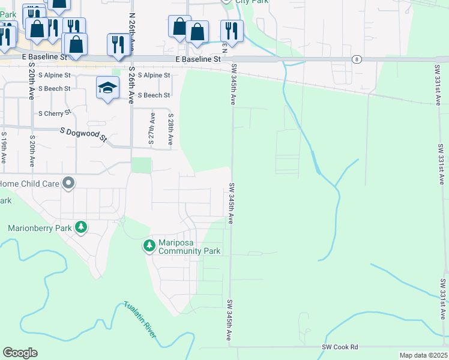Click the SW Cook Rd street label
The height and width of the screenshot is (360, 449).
[x=340, y=347]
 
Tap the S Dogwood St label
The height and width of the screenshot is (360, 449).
[x=83, y=134]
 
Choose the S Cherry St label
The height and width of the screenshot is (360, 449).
[x=55, y=113]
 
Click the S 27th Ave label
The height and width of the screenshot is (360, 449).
[x=151, y=130]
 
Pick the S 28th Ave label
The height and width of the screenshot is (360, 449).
[x=170, y=130]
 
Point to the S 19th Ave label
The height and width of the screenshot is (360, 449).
[x=4, y=149]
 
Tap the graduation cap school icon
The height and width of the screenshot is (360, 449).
[x=107, y=88]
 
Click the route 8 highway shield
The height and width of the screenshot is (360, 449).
[x=357, y=59]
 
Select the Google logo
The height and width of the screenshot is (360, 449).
[x=20, y=353]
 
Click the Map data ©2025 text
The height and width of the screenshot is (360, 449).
[x=423, y=355]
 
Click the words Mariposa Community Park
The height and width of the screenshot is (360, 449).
[x=189, y=247]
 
